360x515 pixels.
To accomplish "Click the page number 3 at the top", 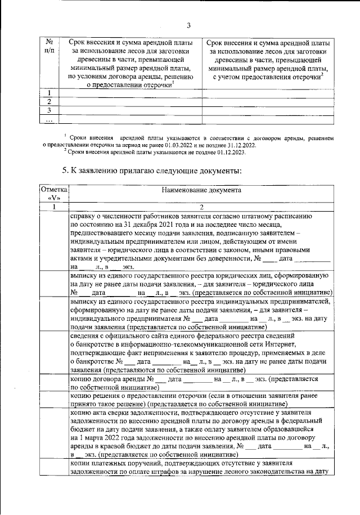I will [x=189, y=25].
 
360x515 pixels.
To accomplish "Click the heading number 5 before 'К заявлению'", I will [x=64, y=170].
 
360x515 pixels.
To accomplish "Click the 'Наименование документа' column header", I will [x=201, y=190].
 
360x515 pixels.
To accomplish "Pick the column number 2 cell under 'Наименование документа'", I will [x=201, y=207].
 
